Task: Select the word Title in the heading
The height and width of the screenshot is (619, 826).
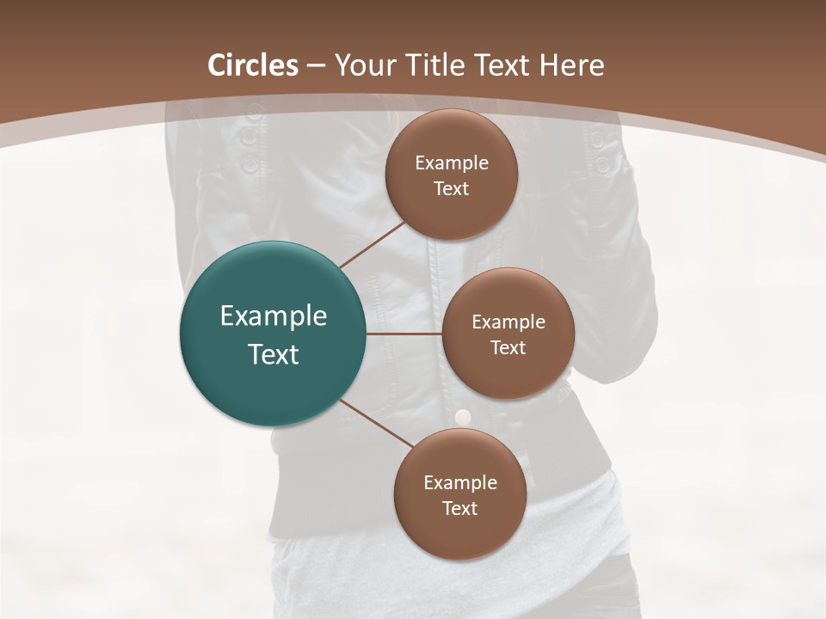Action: point(441,65)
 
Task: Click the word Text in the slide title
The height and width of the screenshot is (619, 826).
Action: point(506,65)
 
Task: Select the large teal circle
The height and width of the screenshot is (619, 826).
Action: point(274,334)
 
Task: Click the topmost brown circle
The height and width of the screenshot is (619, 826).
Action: point(451,175)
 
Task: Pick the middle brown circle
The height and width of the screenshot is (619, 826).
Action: point(508,334)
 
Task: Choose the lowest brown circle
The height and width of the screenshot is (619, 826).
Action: point(459,494)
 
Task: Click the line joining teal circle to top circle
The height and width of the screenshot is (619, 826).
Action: point(373,243)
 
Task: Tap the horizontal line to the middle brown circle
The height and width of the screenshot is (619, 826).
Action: point(404,334)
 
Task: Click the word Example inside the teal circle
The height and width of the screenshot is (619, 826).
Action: point(274,316)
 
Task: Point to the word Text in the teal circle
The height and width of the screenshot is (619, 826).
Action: point(274,354)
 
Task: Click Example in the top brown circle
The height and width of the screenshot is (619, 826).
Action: point(451,162)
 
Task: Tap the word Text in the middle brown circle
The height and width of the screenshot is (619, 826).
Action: point(508,347)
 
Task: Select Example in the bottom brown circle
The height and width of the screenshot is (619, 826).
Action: point(459,482)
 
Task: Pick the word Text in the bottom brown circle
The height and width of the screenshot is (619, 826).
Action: point(459,508)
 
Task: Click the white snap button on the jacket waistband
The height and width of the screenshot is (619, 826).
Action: point(463,417)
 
